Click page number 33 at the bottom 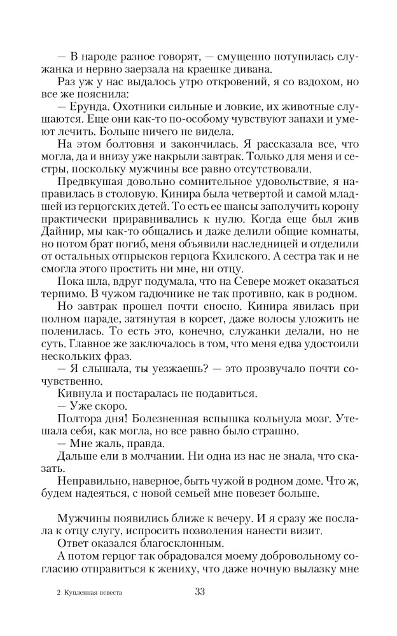click(x=198, y=592)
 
